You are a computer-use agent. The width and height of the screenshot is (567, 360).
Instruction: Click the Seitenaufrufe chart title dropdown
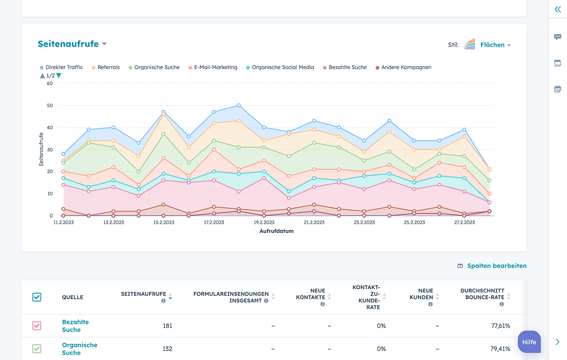(72, 44)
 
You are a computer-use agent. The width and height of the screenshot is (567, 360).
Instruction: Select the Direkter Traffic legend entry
(63, 67)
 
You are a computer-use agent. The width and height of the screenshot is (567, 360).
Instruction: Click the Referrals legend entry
(107, 67)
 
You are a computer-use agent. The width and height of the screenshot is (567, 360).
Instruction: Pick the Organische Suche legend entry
(156, 67)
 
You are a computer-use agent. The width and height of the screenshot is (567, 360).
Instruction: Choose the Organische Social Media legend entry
(282, 67)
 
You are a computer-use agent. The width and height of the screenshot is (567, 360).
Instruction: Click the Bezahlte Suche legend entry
(346, 67)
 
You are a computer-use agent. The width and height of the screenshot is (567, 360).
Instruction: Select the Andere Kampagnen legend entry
(405, 67)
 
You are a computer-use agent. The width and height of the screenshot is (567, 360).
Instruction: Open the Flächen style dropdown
(494, 45)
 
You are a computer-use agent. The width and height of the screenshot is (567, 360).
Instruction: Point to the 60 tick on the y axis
(49, 83)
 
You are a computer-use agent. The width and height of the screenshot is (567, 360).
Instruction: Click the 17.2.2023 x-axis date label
(214, 222)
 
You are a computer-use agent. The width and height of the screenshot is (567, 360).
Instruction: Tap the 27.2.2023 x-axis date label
(464, 222)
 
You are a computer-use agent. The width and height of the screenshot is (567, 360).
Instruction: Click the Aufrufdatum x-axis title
(276, 231)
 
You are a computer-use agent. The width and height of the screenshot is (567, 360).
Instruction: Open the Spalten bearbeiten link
(495, 266)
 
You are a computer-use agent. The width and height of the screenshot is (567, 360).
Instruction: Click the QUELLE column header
(73, 297)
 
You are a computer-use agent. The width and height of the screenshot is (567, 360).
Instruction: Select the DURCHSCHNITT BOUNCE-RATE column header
(482, 297)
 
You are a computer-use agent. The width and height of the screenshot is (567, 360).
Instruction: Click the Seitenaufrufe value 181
(167, 326)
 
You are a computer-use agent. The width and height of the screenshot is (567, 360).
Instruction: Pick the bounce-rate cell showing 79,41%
(500, 349)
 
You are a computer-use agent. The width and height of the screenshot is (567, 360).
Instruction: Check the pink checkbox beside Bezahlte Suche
(37, 326)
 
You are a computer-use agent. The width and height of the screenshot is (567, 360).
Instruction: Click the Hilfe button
(529, 341)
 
